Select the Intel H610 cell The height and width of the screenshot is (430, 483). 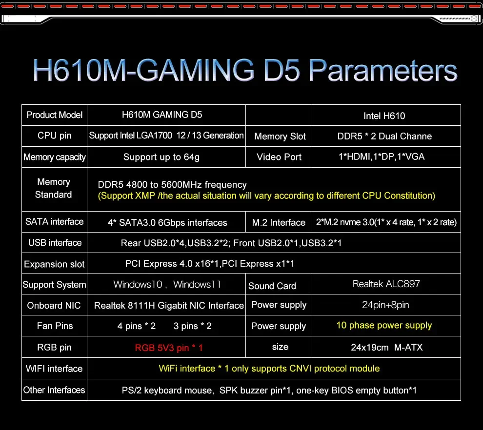coord(384,116)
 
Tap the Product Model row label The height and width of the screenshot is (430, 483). coord(55,115)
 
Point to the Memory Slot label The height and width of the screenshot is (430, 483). coord(280,137)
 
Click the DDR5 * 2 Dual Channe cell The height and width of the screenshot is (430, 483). coord(384,137)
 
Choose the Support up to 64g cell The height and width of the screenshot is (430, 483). coord(161,157)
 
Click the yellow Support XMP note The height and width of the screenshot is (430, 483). coord(266,196)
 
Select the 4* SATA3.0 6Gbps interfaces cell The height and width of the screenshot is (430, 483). coord(167,223)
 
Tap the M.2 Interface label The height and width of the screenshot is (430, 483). coord(279,223)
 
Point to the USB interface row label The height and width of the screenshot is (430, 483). coord(55,243)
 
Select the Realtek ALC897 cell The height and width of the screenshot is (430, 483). coord(386,284)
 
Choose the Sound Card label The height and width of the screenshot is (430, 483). coord(272,286)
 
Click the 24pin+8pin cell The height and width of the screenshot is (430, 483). coord(386,305)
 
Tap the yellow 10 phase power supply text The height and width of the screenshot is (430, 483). coord(384,325)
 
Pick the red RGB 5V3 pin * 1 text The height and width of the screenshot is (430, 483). coord(169,348)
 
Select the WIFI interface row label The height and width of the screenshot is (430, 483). coord(54,369)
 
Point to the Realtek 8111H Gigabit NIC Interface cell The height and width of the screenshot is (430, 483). coord(169,306)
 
